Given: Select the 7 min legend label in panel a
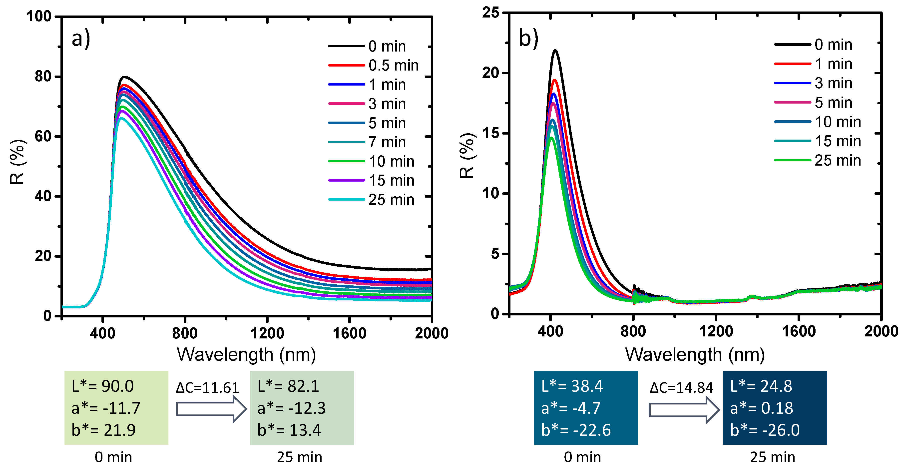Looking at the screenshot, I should point(387,142).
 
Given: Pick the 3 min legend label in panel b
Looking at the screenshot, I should point(833,83).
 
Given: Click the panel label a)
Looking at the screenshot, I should point(81,39).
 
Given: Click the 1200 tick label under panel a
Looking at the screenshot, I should point(267,333).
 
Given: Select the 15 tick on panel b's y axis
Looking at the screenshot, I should point(490,133).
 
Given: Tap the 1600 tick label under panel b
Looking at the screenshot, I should point(799,331).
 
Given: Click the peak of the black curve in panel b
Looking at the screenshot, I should point(555,51).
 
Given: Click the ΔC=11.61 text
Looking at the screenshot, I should point(207,388).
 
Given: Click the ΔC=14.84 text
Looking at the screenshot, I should point(681,388).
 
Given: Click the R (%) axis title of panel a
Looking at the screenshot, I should point(17,162).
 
